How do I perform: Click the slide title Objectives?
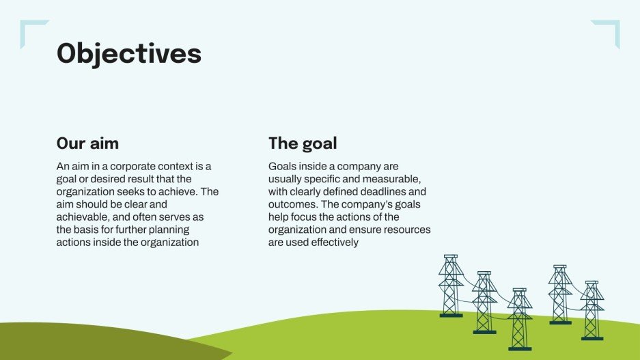(x=128, y=53)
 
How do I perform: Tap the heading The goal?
(x=303, y=143)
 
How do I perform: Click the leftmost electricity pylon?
(x=451, y=287)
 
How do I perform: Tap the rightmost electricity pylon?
(x=592, y=311)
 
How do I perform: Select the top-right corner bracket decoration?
(x=609, y=31)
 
